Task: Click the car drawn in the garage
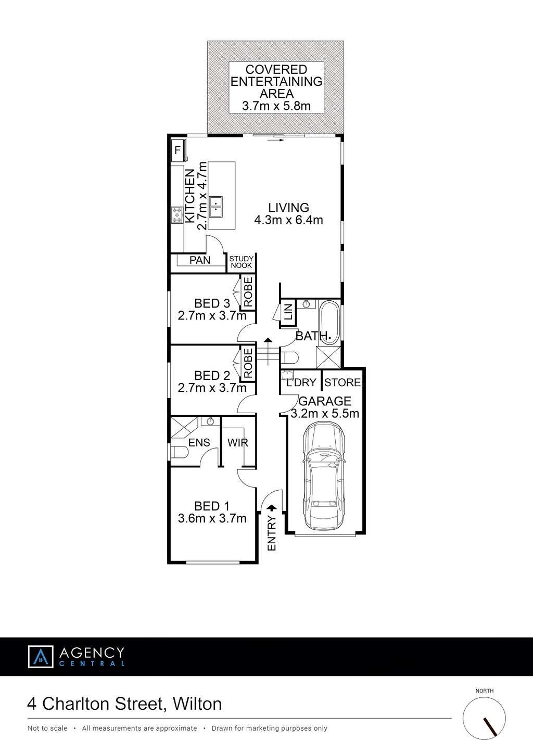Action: (x=324, y=476)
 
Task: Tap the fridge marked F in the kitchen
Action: (x=178, y=150)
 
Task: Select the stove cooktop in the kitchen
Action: (x=177, y=215)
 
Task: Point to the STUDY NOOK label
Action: (x=242, y=262)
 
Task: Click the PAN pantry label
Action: (x=200, y=260)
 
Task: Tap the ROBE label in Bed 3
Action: (x=248, y=292)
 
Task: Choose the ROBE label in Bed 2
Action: (x=248, y=363)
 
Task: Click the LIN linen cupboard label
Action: (x=288, y=312)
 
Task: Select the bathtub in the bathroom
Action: (x=330, y=323)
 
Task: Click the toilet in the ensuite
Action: (x=179, y=452)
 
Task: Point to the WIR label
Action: (x=238, y=443)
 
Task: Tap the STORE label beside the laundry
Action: (x=342, y=382)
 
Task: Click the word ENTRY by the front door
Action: (x=272, y=533)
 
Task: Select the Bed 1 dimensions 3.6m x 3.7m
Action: (x=212, y=518)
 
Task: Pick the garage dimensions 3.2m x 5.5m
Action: (x=325, y=413)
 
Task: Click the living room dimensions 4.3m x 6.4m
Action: (x=288, y=220)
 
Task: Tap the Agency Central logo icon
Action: (x=41, y=656)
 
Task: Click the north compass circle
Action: (x=484, y=718)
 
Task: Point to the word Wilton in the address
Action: (x=197, y=704)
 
